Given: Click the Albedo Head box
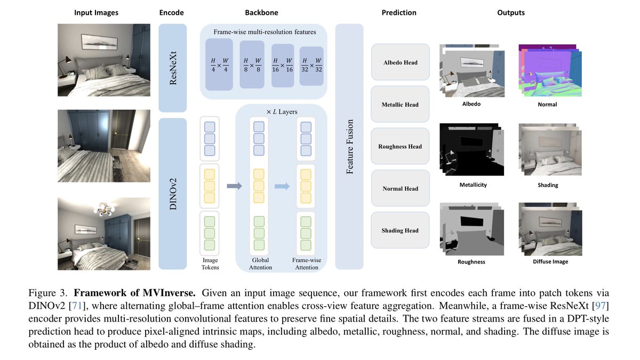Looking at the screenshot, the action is coord(401,62).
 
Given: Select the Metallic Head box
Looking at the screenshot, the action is coord(400,105).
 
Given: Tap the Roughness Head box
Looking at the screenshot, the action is coord(400,146).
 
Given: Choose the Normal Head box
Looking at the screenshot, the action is coord(401,188).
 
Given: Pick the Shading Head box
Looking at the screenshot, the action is coord(400,230).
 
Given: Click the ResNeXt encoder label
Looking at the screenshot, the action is coord(173,68).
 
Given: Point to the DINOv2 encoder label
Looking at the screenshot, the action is coord(173,194).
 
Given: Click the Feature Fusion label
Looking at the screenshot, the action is coord(349,147).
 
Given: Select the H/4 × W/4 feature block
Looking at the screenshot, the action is coord(219,65).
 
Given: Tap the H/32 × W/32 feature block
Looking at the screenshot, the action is coord(311,66).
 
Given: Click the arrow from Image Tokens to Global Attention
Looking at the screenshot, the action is coord(234,186).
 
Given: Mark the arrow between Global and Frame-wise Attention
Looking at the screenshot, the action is coord(282,186).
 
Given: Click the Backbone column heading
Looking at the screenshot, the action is coord(261,13).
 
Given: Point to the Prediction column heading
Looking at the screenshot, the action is coord(399,13).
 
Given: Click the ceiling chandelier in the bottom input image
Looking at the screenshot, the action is coord(103,210).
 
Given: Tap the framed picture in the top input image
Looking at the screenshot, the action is coord(99,42).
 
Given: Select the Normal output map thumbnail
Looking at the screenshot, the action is coord(550,70).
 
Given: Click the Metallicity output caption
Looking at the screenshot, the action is coord(473,185).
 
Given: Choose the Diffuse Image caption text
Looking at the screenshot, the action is coord(550,262).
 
